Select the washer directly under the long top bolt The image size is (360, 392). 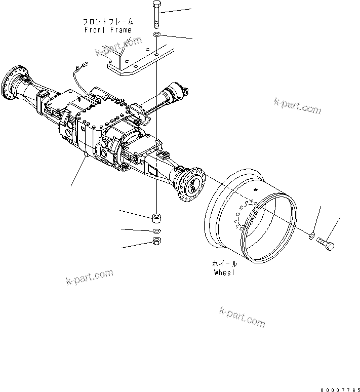(157, 34)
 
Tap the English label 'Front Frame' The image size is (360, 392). (108, 30)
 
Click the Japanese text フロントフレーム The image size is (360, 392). (108, 22)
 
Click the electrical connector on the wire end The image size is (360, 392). (84, 64)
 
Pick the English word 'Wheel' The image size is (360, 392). (224, 272)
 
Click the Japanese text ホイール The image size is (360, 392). (224, 264)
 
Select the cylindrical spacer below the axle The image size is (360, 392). (157, 218)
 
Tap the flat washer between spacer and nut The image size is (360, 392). (157, 231)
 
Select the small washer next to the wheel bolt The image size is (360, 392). (313, 235)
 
